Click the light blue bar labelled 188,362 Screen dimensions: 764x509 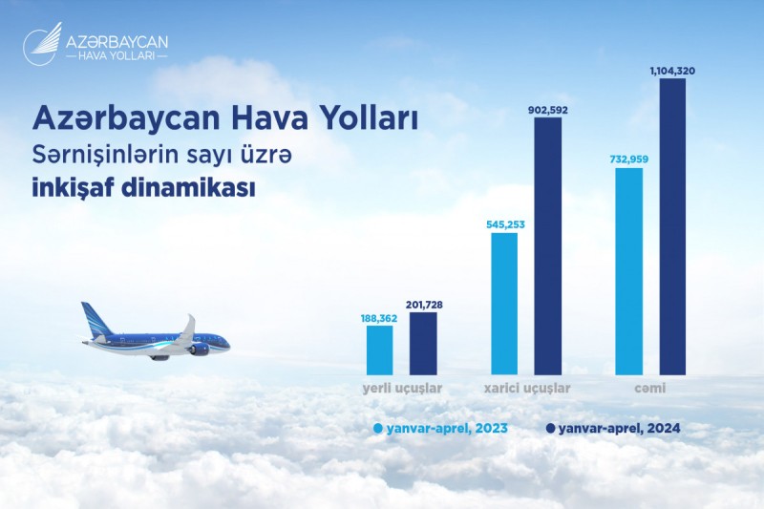click(379, 350)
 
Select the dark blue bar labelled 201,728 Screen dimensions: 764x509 click(423, 344)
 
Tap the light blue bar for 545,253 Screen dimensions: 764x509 click(504, 304)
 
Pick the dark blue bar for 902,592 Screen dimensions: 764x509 click(547, 246)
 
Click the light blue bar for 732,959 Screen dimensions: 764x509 click(629, 271)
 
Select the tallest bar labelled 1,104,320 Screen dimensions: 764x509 click(672, 226)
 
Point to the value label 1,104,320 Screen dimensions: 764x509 click(672, 71)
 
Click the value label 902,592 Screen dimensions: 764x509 click(548, 110)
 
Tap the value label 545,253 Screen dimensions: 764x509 click(505, 225)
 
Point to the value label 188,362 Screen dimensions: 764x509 click(379, 319)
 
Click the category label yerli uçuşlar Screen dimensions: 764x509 click(402, 389)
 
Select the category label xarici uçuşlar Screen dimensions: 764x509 click(527, 389)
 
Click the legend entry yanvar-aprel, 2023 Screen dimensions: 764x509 click(441, 429)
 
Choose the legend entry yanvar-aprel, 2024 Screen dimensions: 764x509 click(613, 429)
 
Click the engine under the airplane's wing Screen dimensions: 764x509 click(200, 349)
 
